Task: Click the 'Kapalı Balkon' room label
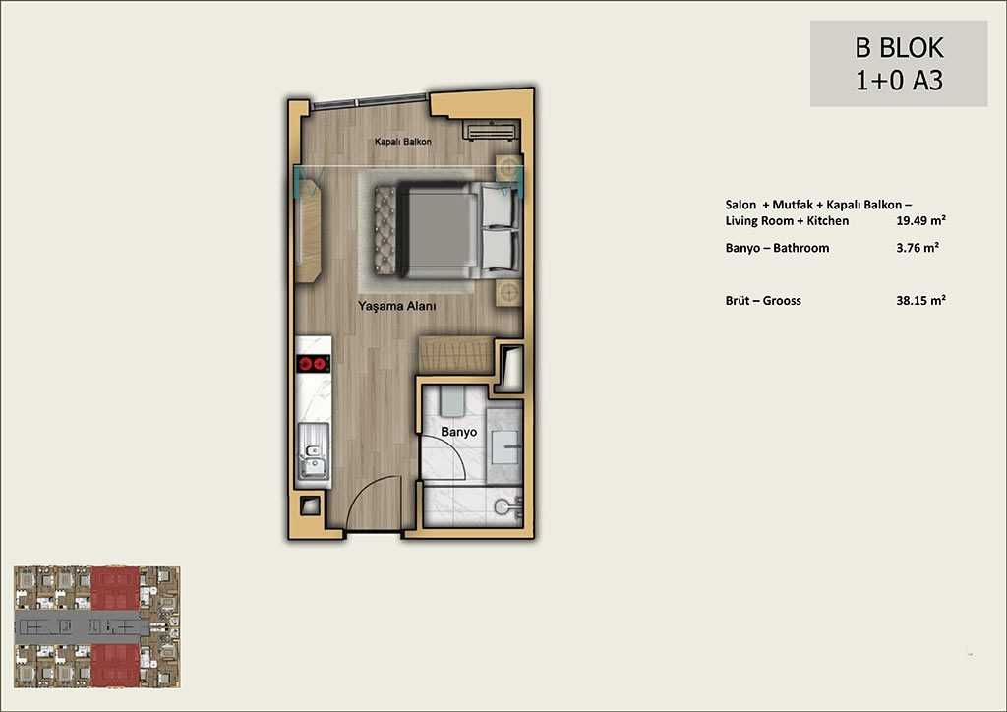pos(402,142)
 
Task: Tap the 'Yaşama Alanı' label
pos(397,306)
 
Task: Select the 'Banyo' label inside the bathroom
pos(458,432)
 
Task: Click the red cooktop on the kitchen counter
pos(314,364)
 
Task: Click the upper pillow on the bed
pos(500,205)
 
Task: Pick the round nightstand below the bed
pos(508,293)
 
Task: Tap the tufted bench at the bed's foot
pos(385,229)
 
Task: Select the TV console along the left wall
pos(308,231)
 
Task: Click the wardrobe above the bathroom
pos(455,354)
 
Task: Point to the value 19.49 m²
pos(920,221)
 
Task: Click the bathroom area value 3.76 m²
pos(918,247)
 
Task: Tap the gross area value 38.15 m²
pos(920,300)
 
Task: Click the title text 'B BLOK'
pos(899,48)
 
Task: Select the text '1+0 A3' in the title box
pos(899,81)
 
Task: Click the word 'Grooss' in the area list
pos(782,301)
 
